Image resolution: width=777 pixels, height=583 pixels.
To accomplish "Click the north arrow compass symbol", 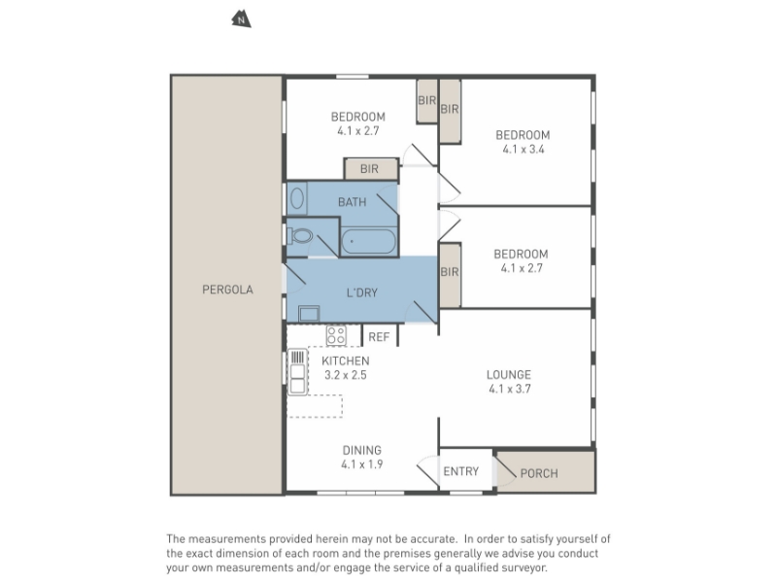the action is pyautogui.click(x=241, y=19).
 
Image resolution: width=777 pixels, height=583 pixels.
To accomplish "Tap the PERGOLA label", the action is pyautogui.click(x=227, y=290).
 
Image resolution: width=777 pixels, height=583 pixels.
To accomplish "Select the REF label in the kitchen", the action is pyautogui.click(x=379, y=337).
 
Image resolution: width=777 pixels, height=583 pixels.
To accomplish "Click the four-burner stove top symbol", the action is pyautogui.click(x=336, y=335).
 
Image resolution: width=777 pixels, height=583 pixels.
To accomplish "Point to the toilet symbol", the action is pyautogui.click(x=299, y=236).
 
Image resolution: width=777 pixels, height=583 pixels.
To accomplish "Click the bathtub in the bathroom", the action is pyautogui.click(x=369, y=241).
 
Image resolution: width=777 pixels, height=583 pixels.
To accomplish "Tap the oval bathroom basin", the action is pyautogui.click(x=297, y=199).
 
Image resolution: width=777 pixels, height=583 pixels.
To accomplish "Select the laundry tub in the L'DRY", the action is pyautogui.click(x=309, y=314).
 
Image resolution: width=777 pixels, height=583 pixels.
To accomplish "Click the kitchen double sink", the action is pyautogui.click(x=297, y=372).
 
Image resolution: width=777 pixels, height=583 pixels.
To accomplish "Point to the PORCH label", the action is pyautogui.click(x=539, y=473).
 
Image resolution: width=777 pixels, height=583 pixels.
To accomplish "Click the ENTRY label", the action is pyautogui.click(x=460, y=471).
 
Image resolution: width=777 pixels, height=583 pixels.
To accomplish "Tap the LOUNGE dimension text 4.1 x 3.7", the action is pyautogui.click(x=509, y=389).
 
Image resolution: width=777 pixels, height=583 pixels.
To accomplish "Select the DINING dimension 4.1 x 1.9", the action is pyautogui.click(x=361, y=464).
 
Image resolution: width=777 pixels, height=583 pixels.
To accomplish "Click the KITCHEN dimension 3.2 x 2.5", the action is pyautogui.click(x=346, y=375).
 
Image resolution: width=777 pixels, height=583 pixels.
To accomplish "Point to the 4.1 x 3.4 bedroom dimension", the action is pyautogui.click(x=524, y=150).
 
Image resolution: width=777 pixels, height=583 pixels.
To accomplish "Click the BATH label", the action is pyautogui.click(x=353, y=202).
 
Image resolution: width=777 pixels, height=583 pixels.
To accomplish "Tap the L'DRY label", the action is pyautogui.click(x=362, y=292).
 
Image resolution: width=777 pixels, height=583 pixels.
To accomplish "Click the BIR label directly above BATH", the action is pyautogui.click(x=369, y=169).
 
